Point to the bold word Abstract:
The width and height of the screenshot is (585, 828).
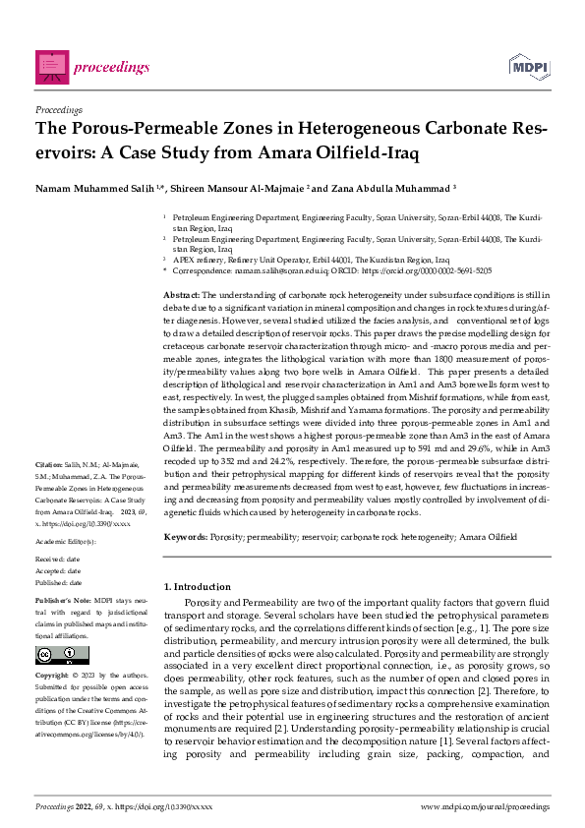pos(181,295)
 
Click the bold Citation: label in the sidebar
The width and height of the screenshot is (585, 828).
pos(49,462)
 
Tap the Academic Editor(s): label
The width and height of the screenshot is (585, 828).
pos(65,542)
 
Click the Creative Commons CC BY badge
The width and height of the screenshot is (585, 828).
pos(50,656)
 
